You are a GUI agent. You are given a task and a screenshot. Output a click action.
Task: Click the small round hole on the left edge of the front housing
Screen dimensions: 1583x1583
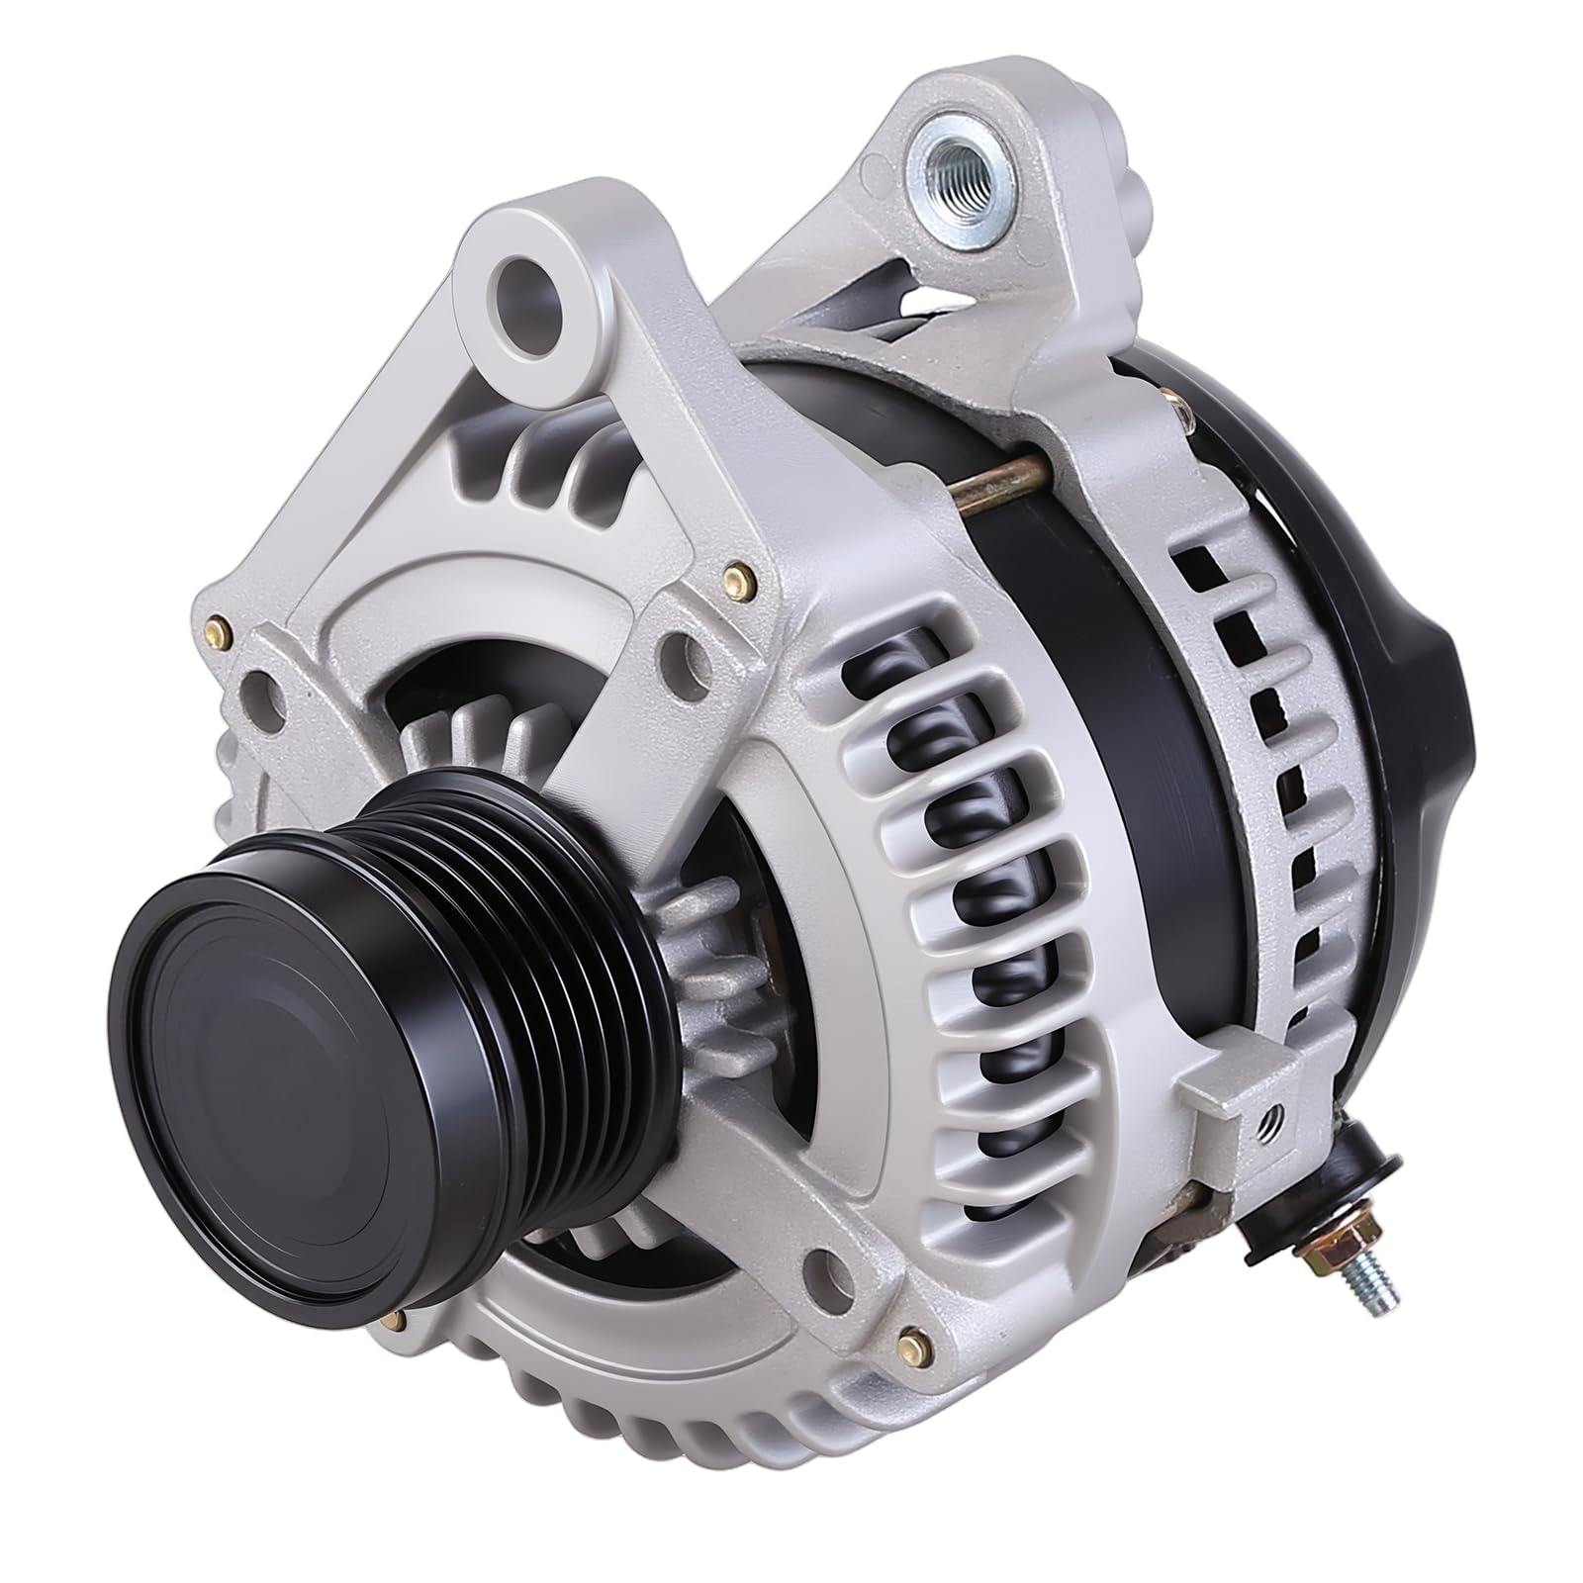pos(259,685)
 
